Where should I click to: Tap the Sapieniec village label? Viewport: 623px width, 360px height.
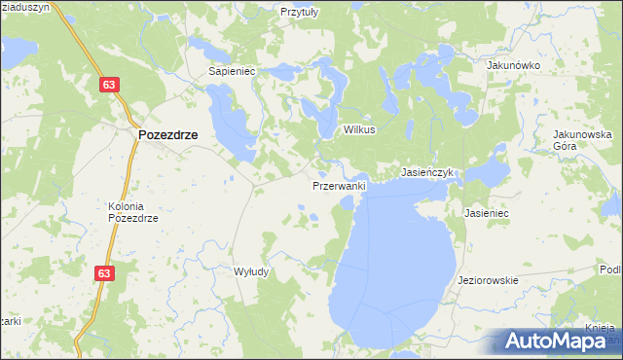[232, 71]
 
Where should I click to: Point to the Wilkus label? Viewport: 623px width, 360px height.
[358, 129]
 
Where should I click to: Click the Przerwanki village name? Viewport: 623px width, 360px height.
[339, 185]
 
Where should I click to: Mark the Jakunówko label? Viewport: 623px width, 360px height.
[513, 65]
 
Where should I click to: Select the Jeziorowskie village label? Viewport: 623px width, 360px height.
[488, 280]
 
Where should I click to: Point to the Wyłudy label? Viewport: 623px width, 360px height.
[251, 272]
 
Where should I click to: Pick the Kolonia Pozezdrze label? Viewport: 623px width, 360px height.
[131, 212]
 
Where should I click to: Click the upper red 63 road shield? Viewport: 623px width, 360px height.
[109, 86]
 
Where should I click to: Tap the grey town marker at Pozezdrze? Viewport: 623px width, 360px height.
[133, 135]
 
